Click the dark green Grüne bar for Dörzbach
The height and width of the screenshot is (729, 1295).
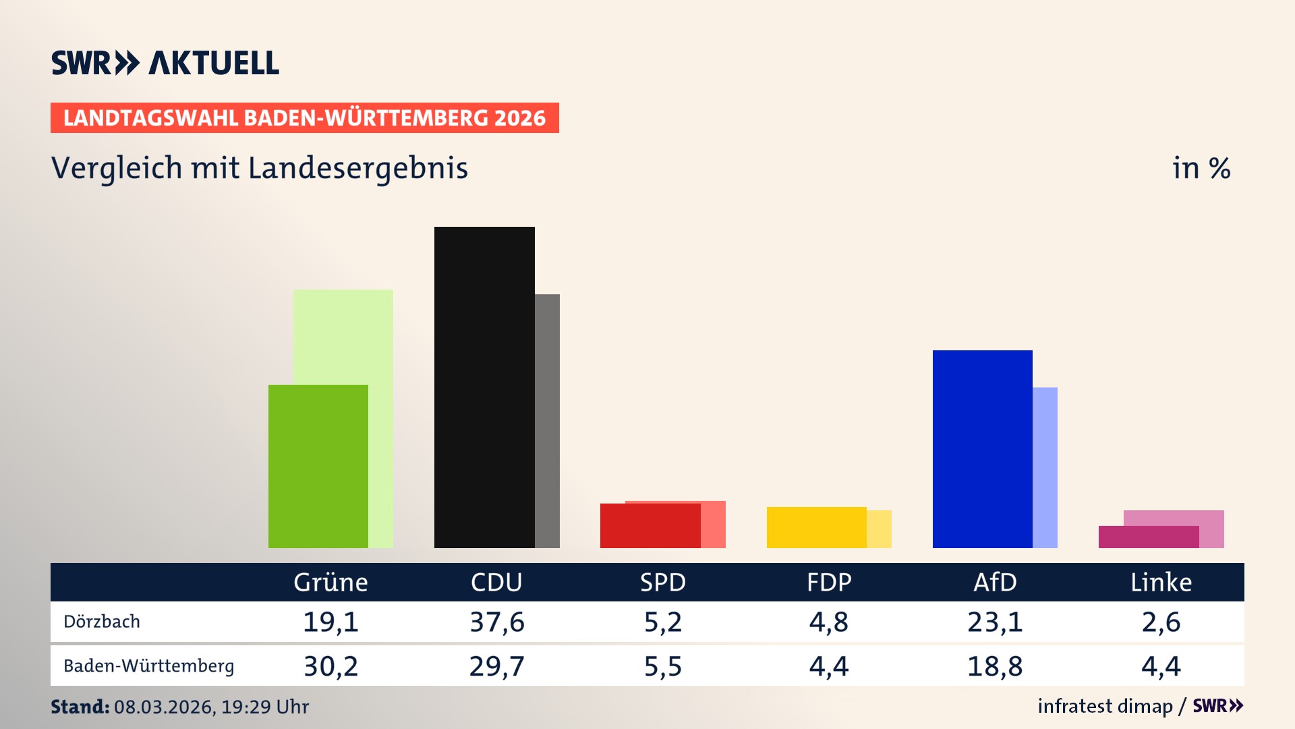(318, 466)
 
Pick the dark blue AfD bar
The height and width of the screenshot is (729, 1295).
(982, 449)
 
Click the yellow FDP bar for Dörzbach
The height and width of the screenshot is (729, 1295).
(816, 527)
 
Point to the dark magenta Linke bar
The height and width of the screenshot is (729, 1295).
(1148, 537)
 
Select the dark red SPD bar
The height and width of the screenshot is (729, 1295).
(650, 526)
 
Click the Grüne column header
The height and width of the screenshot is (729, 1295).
(330, 583)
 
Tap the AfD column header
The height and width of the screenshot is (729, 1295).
(995, 583)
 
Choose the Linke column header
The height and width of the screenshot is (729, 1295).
(1161, 583)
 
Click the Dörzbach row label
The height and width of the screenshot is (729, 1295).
(102, 622)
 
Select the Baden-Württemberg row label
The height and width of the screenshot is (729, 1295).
(148, 666)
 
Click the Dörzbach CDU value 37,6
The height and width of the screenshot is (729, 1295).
(497, 622)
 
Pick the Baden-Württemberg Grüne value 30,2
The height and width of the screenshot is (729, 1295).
(330, 666)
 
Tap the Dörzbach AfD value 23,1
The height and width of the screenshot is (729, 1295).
(995, 622)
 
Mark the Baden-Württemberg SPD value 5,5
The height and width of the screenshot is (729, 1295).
(663, 666)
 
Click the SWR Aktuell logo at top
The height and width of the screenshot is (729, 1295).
(165, 63)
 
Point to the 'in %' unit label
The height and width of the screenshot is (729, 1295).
(1201, 168)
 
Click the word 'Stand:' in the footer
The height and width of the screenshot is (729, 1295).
(80, 707)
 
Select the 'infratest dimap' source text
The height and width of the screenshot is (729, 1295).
(1105, 706)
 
